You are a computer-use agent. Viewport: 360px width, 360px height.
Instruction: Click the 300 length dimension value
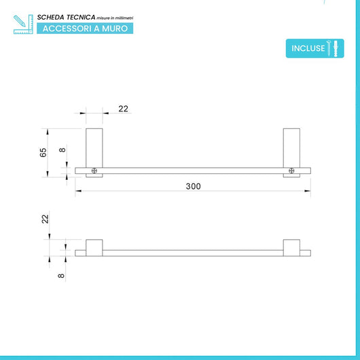193,186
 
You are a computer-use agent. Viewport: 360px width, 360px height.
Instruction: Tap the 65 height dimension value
43,153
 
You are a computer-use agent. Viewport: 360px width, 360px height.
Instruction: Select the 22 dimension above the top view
124,109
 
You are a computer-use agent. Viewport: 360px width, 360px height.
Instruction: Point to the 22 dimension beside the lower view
46,219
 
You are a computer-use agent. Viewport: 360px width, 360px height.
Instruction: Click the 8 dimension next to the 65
62,150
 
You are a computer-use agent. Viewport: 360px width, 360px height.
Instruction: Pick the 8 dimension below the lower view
61,276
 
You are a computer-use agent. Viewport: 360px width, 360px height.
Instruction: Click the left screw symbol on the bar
94,170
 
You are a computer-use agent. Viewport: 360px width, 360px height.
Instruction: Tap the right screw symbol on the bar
291,170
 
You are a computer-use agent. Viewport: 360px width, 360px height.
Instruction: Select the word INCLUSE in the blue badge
308,48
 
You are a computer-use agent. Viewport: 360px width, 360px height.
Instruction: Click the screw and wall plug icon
333,48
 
